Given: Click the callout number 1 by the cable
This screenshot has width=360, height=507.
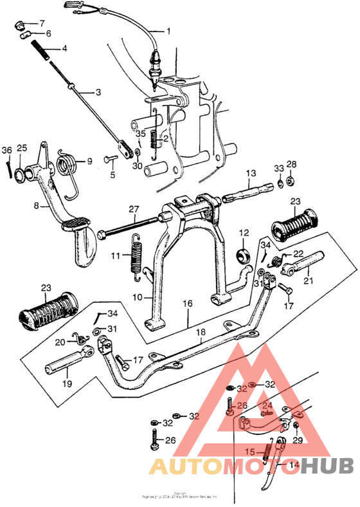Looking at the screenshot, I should (169, 31).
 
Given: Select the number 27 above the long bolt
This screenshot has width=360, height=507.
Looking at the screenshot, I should (133, 209).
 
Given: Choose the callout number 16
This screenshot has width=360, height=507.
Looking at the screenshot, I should (187, 303).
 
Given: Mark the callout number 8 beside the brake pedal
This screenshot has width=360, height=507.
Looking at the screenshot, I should (37, 206).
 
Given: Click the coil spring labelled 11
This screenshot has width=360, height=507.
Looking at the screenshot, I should (136, 255).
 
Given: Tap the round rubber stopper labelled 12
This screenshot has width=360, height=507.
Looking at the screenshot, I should (244, 253).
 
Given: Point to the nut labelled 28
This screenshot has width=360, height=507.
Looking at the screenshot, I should (291, 175).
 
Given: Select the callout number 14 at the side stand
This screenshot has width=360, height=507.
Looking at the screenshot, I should (294, 465).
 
